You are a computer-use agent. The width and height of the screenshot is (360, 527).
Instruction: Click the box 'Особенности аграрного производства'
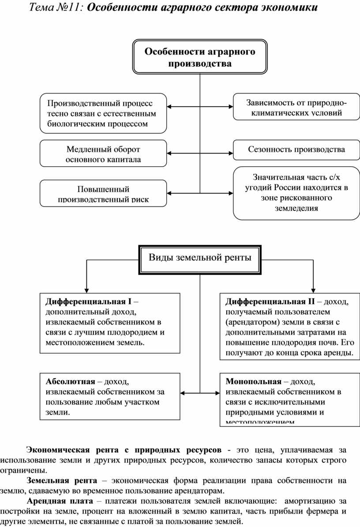coord(200,57)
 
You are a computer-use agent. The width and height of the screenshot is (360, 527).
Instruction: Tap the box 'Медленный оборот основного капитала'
coord(103,153)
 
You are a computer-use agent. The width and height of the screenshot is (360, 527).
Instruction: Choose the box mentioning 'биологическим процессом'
coord(103,113)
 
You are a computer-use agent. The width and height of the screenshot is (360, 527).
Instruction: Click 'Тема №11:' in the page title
coord(56,8)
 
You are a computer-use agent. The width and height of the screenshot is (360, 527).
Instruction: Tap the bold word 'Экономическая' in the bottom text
coord(59,450)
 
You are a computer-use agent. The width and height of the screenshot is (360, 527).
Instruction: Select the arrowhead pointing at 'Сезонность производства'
coord(230,153)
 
